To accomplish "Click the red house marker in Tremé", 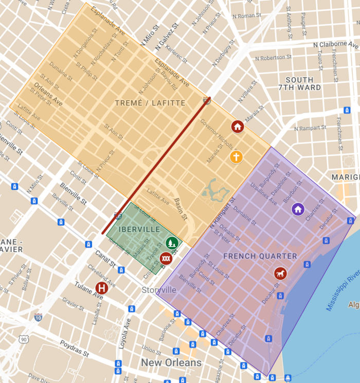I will click(237, 126).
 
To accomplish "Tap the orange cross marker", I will click(236, 157).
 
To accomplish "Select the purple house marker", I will click(298, 209).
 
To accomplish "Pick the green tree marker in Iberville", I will click(172, 242).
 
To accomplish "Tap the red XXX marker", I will click(166, 258).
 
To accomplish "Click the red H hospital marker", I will click(102, 288).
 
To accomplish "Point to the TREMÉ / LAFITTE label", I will click(150, 103).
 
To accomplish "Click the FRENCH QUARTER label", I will click(260, 256).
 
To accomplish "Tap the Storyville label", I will click(159, 290).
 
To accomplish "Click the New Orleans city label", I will click(171, 362).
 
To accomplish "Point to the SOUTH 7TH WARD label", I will click(299, 84).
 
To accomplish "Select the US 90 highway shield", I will click(23, 339).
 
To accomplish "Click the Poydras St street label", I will click(72, 351).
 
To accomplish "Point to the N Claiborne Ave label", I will click(337, 44).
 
